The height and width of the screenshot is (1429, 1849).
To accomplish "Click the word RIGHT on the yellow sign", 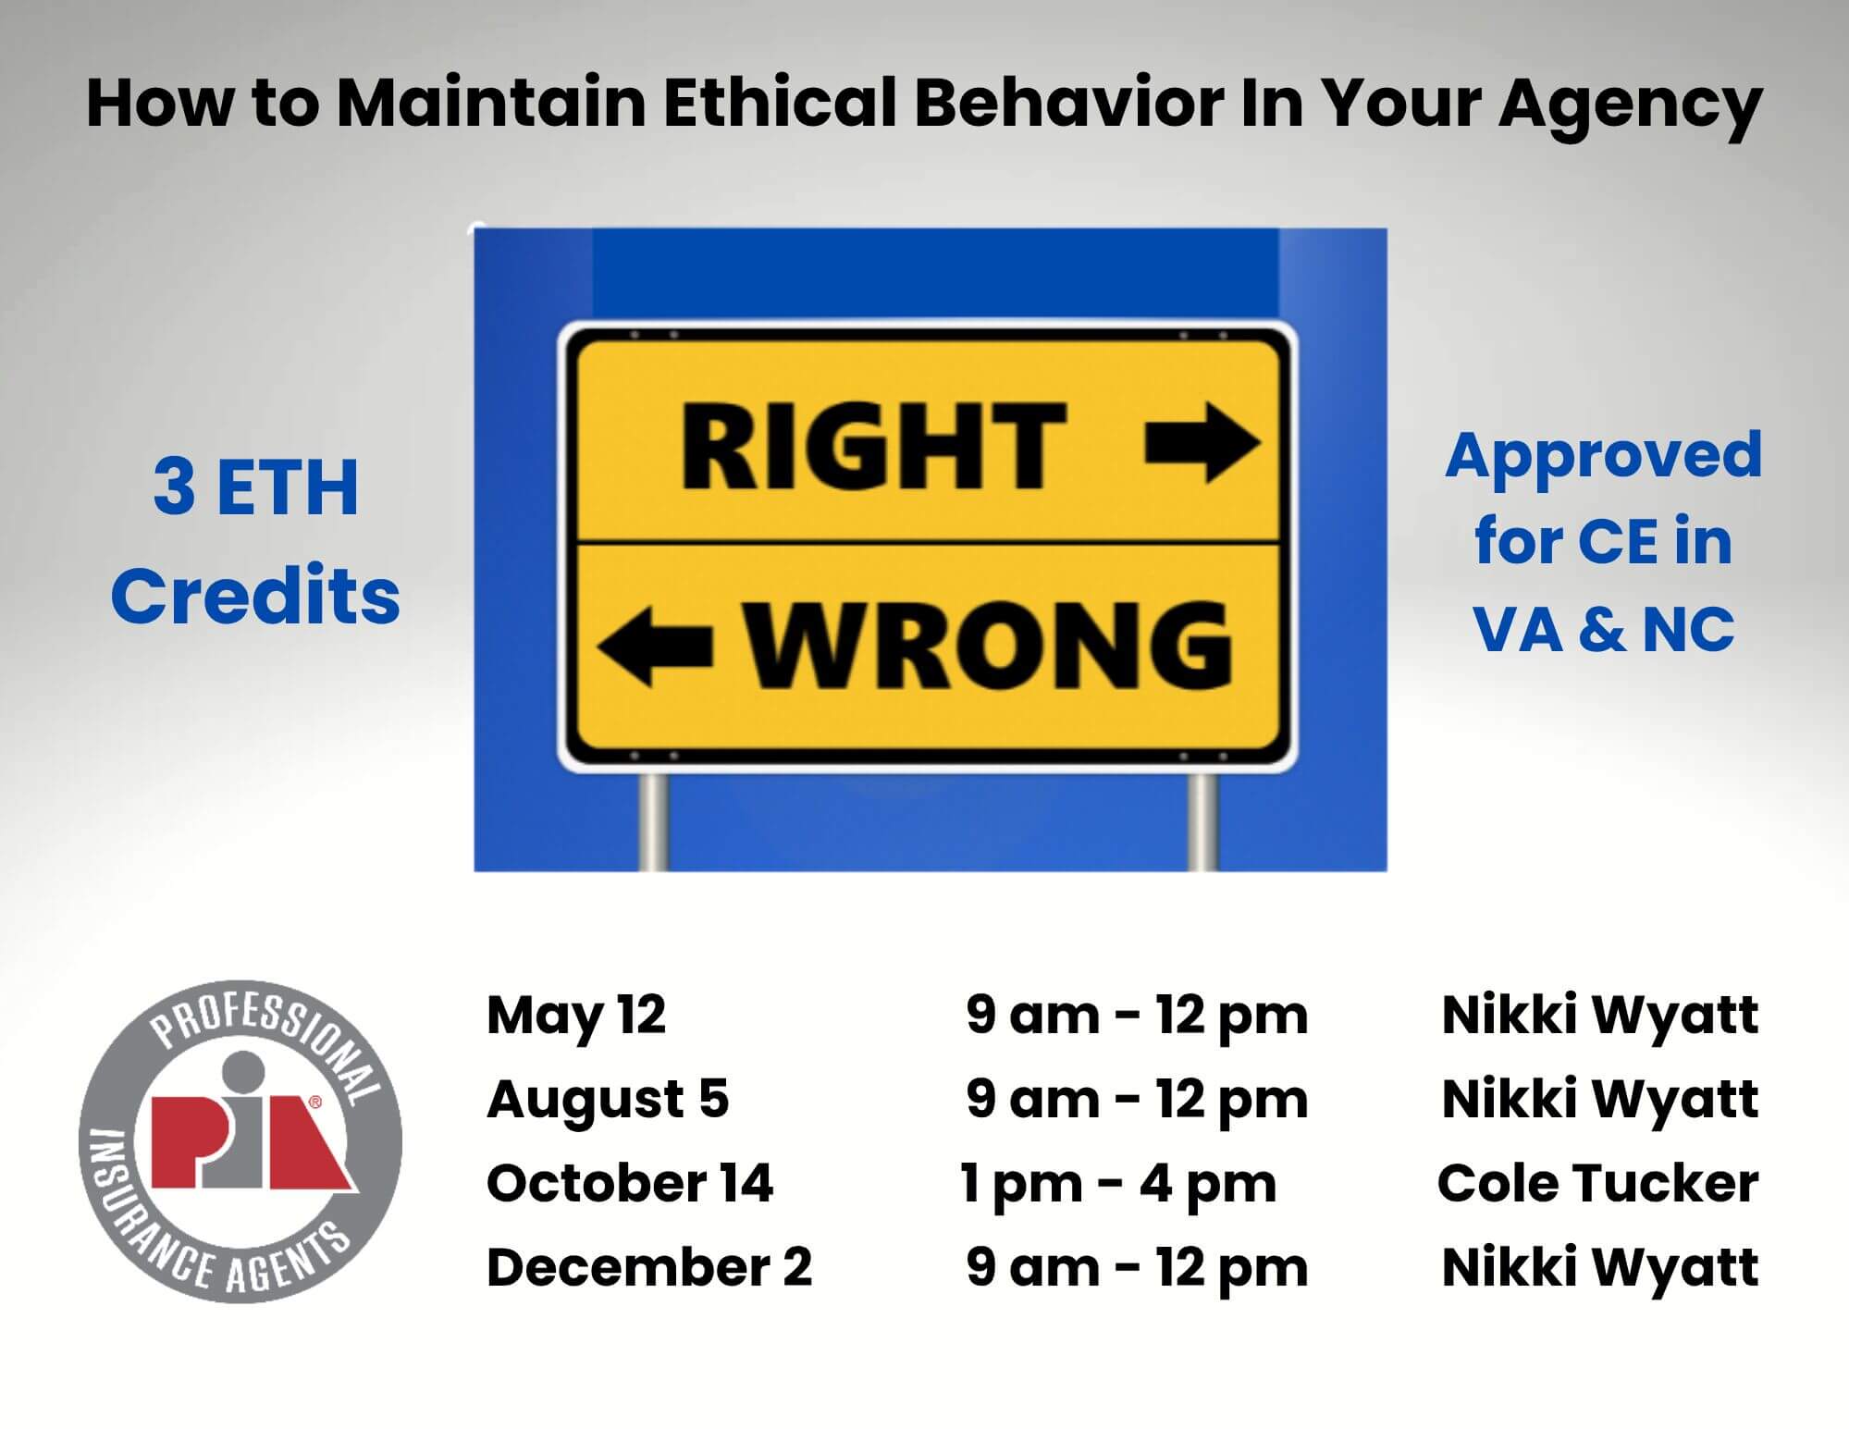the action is [874, 446].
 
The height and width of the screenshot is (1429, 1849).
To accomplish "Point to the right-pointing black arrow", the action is [1202, 443].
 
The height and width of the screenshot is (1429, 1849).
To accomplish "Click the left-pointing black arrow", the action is [654, 646].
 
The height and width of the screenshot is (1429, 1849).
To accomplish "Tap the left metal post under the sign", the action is [653, 821].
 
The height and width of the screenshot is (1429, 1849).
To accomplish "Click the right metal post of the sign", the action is [1202, 821].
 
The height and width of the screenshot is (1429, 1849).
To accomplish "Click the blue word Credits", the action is [255, 595].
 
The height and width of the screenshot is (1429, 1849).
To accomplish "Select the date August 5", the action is [608, 1100].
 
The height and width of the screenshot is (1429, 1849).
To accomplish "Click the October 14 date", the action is [630, 1183].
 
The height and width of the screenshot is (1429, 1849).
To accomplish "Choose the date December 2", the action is [649, 1267].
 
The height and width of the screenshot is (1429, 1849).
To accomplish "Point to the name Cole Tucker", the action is [1597, 1183].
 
